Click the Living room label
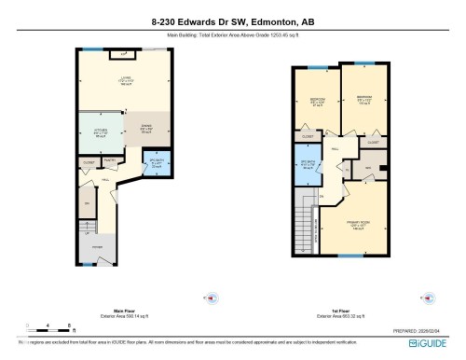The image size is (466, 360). [x=125, y=81]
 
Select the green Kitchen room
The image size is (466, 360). [x=101, y=132]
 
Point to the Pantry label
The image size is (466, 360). [x=109, y=160]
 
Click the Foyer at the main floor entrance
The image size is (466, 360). [x=96, y=246]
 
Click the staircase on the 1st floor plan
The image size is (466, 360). [x=304, y=223]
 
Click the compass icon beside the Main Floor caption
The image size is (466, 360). [x=211, y=298]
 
